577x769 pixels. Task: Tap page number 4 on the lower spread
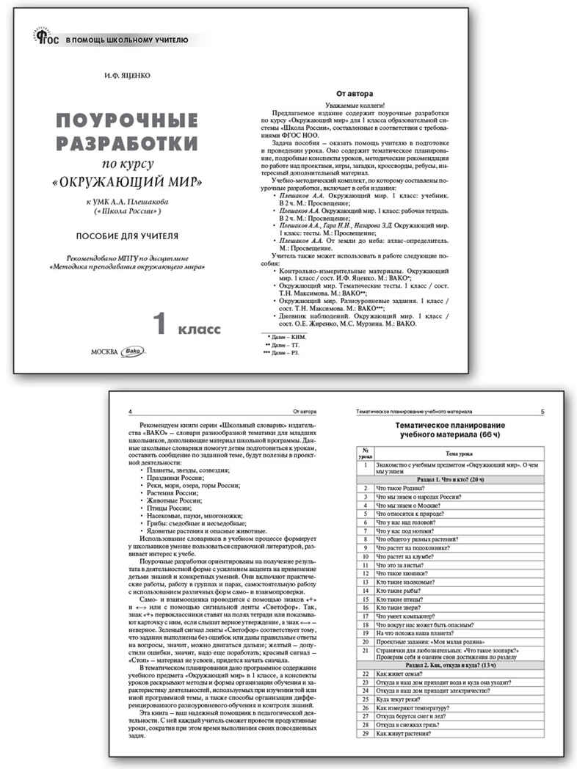pyautogui.click(x=130, y=412)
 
